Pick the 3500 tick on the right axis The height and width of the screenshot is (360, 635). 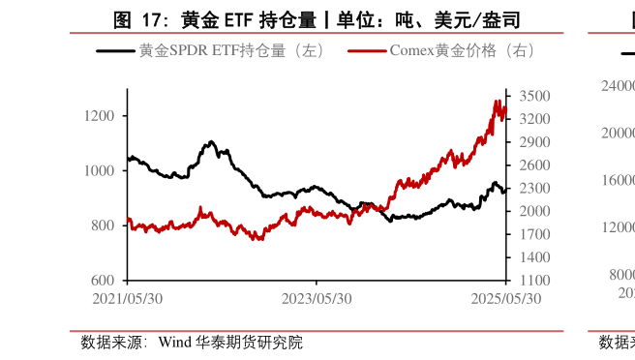coord(534,96)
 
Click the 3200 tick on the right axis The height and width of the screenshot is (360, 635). coord(534,119)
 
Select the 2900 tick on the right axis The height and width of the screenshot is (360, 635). coord(534,142)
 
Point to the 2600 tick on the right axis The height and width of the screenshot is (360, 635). coord(534,165)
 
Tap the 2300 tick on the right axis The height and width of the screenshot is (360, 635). coord(534,189)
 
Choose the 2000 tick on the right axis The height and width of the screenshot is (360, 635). coord(534,212)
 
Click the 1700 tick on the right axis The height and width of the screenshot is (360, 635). coord(534,234)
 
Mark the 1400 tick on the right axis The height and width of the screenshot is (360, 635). coord(534,257)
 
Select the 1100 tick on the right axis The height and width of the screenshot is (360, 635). coord(534,281)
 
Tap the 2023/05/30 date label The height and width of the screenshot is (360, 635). coord(317,298)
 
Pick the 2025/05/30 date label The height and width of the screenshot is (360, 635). coord(505,298)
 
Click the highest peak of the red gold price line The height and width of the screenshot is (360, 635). coord(497,101)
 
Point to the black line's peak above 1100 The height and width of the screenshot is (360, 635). coord(211,142)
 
